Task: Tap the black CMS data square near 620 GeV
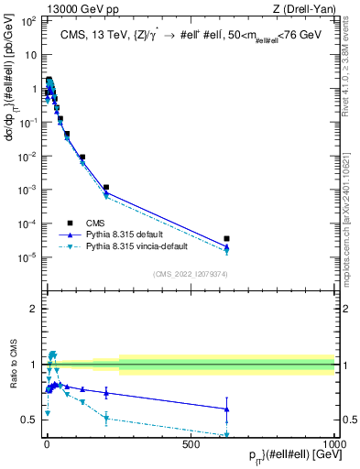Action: click(226, 238)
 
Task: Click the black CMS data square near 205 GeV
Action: click(106, 188)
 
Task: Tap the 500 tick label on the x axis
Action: click(191, 445)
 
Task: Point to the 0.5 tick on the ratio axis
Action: click(31, 420)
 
